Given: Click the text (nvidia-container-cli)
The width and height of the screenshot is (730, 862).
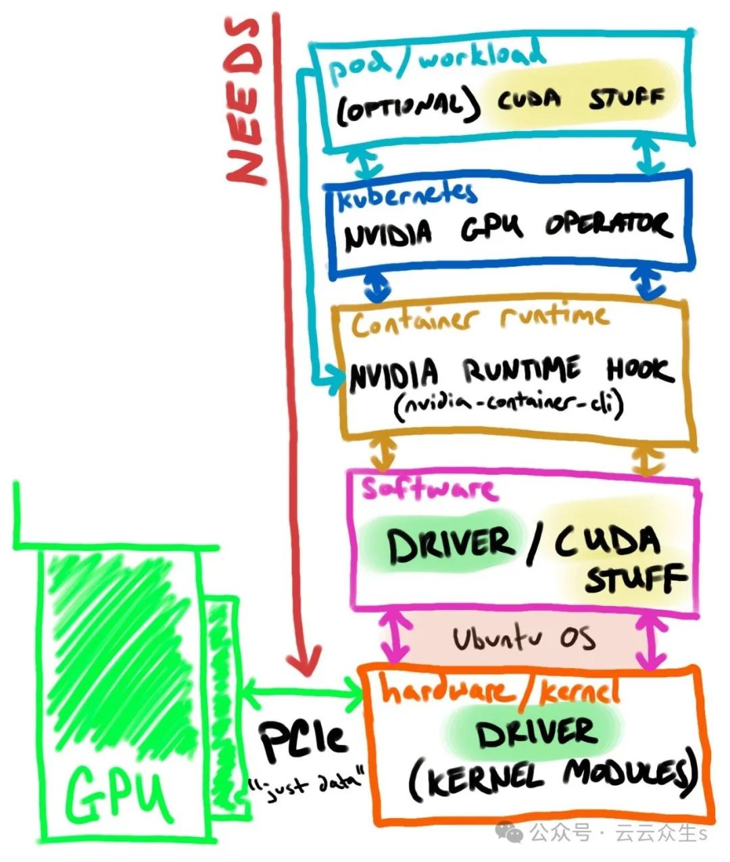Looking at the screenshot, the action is pos(508,405).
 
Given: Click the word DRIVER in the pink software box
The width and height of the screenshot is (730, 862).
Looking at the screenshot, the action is pos(451,545).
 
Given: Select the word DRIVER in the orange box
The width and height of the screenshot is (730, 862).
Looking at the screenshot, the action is pos(537,733).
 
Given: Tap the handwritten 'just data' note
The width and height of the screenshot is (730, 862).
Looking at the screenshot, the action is pos(306,785).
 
